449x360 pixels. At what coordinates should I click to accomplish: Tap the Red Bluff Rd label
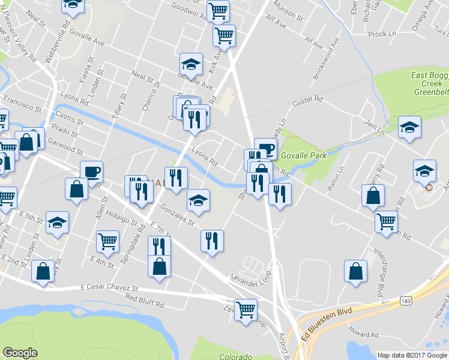pos(145,301)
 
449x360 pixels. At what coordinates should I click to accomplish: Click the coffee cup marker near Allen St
pos(91,171)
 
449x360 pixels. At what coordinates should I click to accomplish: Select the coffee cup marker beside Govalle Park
pos(265,148)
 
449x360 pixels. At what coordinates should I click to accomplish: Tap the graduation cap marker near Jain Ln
pos(409,127)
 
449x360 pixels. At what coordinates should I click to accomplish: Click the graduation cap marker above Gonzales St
pos(198,200)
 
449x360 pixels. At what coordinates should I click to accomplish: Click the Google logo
pos(20,353)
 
